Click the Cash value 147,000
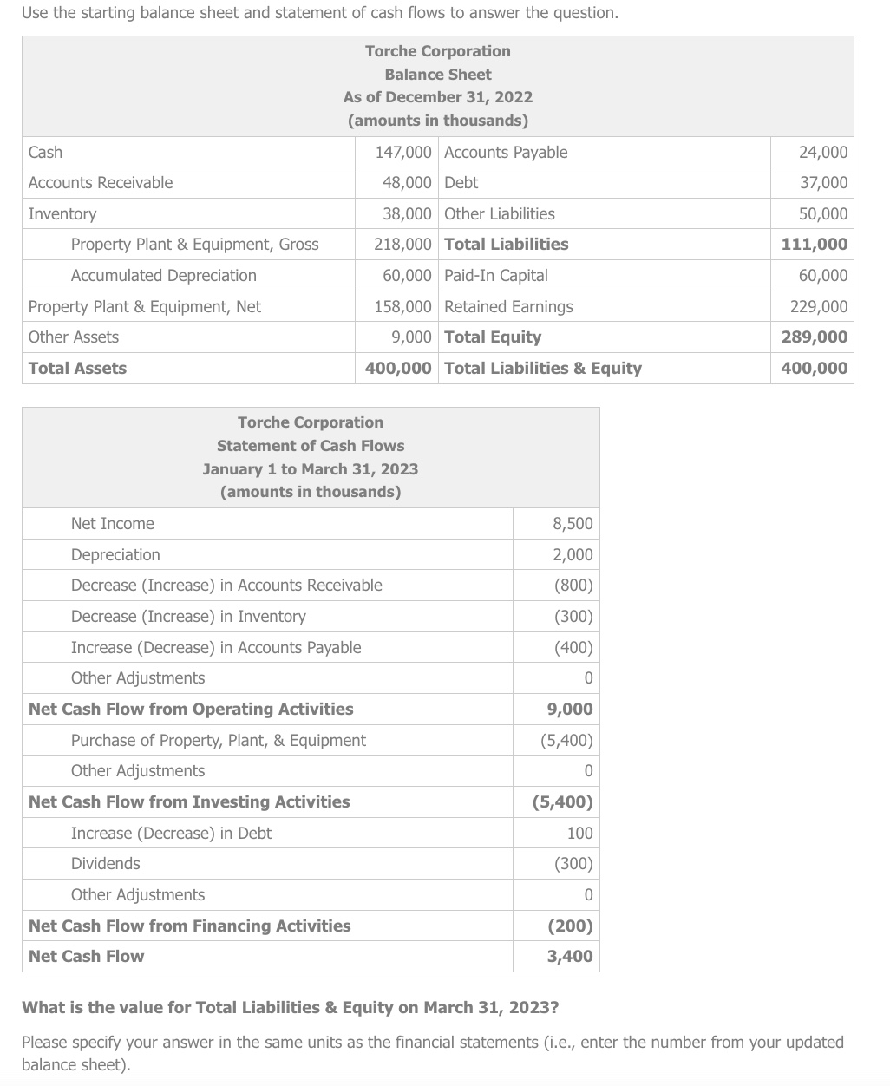tap(402, 152)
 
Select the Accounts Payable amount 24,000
tap(822, 152)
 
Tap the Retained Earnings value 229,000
tap(819, 306)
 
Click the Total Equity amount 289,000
tap(815, 337)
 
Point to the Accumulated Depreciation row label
tap(163, 275)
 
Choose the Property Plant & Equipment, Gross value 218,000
tap(402, 244)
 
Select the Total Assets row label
tap(77, 368)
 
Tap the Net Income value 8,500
tap(573, 523)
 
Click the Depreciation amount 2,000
tap(573, 554)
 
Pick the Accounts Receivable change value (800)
tap(573, 585)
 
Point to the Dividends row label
tap(105, 863)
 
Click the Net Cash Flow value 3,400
tap(570, 956)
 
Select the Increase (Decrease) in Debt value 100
tap(579, 833)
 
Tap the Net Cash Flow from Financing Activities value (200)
tap(570, 926)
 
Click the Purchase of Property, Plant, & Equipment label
tap(218, 740)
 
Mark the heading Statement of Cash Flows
tap(310, 445)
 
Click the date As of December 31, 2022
tap(437, 97)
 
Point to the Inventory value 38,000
tap(407, 213)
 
